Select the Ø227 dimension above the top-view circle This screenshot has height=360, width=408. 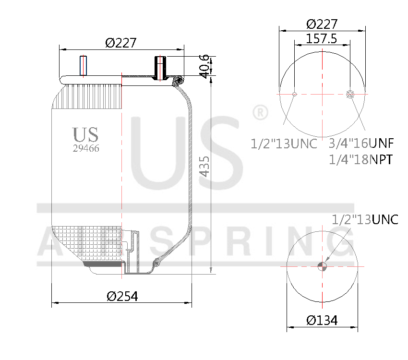pyautogui.click(x=322, y=24)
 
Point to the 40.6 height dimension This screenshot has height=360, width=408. pyautogui.click(x=205, y=66)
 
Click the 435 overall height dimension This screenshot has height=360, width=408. pyautogui.click(x=205, y=166)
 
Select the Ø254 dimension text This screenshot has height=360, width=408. pyautogui.click(x=122, y=296)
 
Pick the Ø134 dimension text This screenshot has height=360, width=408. pyautogui.click(x=322, y=320)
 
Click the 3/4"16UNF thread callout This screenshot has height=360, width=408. pyautogui.click(x=361, y=143)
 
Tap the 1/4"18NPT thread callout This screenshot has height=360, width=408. pyautogui.click(x=361, y=159)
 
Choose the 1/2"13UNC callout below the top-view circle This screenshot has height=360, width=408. pyautogui.click(x=284, y=143)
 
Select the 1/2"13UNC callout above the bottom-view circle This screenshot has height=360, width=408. pyautogui.click(x=365, y=219)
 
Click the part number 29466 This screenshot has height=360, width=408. pyautogui.click(x=86, y=148)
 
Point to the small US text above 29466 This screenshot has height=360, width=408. pyautogui.click(x=85, y=135)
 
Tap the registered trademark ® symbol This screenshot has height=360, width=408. pyautogui.click(x=260, y=113)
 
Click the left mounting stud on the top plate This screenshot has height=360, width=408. pyautogui.click(x=83, y=66)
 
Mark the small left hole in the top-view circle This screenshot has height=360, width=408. pyautogui.click(x=294, y=94)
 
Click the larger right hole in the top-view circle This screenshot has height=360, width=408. pyautogui.click(x=350, y=94)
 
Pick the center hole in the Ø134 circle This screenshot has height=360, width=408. pyautogui.click(x=322, y=266)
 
